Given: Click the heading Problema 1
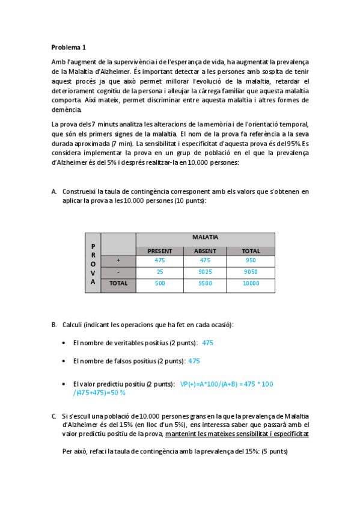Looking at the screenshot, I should click(x=69, y=46).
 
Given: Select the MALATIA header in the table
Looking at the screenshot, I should click(x=205, y=237).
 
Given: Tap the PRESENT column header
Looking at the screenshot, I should click(x=159, y=251).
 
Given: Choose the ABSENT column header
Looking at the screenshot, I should click(x=205, y=251).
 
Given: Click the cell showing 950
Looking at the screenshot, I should click(x=251, y=260).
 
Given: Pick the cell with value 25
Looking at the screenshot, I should click(x=159, y=272).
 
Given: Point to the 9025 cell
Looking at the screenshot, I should click(x=205, y=272).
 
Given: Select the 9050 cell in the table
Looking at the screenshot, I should click(x=251, y=272).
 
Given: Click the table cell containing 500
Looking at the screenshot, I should click(x=159, y=283).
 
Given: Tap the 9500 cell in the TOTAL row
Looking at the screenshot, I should click(x=205, y=283).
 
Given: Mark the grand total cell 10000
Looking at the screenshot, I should click(x=251, y=283).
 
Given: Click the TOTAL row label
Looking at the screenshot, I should click(x=118, y=283).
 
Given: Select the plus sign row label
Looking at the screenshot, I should click(x=118, y=260).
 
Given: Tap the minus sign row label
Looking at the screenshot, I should click(x=118, y=272).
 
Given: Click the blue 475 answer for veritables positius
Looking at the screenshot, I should click(x=207, y=343).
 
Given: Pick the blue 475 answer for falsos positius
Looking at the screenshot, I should click(x=194, y=361).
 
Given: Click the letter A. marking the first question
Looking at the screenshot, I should click(x=54, y=191).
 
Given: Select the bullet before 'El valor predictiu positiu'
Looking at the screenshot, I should click(x=64, y=384).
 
